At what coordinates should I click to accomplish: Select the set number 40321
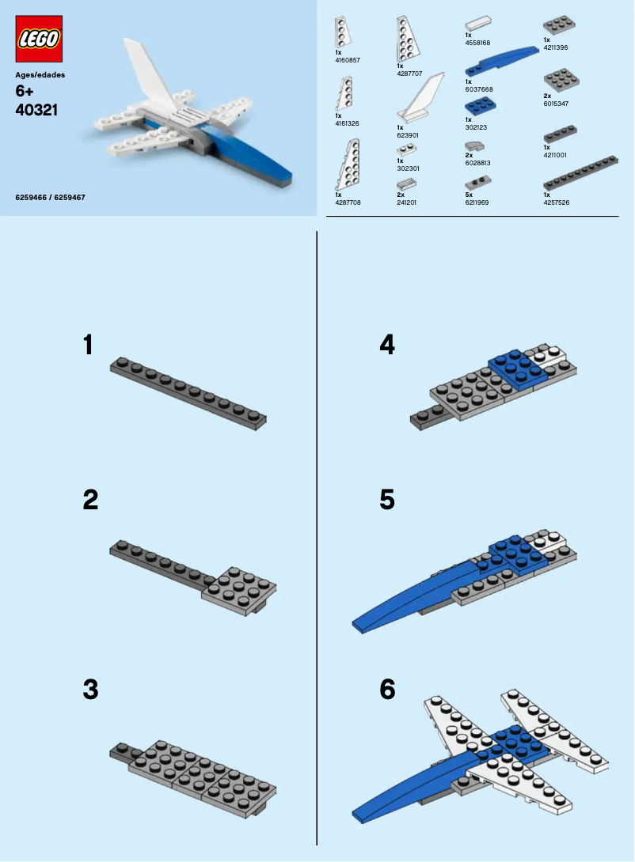coord(36,109)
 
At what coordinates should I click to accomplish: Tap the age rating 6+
coord(26,92)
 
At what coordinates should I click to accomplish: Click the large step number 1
coord(89,346)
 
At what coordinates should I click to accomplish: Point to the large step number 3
coord(90,690)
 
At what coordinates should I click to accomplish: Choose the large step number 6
coord(387,690)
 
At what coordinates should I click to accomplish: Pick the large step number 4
coord(387,346)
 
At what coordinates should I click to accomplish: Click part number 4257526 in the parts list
coord(557,202)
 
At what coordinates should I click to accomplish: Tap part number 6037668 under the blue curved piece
coord(479,90)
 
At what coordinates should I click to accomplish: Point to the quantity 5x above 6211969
coord(469,195)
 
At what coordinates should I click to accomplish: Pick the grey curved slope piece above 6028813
coord(474,146)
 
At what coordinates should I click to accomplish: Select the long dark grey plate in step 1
coord(188,392)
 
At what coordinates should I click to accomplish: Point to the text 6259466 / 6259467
coord(50,197)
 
